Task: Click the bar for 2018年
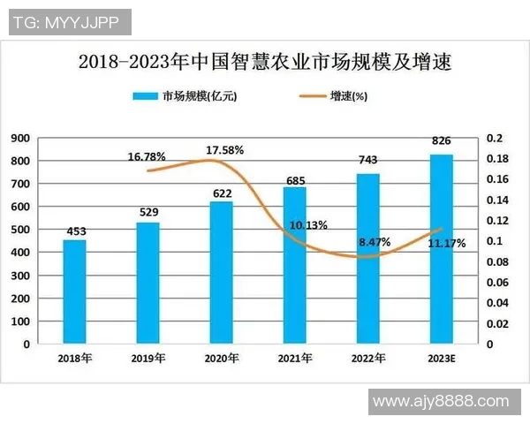pyautogui.click(x=74, y=291)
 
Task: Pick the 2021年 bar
pyautogui.click(x=295, y=265)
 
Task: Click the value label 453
pyautogui.click(x=74, y=232)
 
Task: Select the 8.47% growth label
pyautogui.click(x=375, y=240)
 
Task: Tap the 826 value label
pyautogui.click(x=442, y=141)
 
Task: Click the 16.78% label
pyautogui.click(x=147, y=157)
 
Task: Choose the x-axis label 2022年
pyautogui.click(x=367, y=358)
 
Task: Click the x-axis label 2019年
pyautogui.click(x=148, y=358)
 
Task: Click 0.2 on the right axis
pyautogui.click(x=493, y=138)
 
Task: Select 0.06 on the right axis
pyautogui.click(x=496, y=282)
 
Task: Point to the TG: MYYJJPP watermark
pyautogui.click(x=70, y=22)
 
